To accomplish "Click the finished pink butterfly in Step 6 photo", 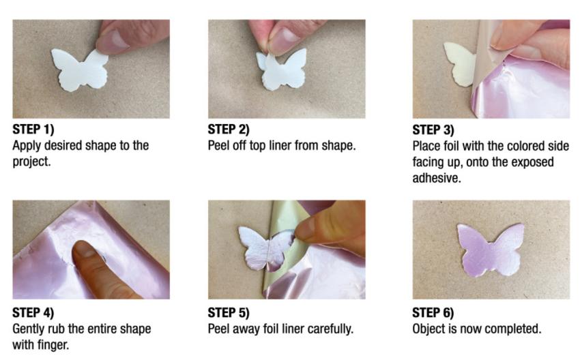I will click(x=490, y=250).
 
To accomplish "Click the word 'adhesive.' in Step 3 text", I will click(x=438, y=178).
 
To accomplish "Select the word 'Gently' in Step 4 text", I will click(x=30, y=329).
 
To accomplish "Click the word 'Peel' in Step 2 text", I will click(x=220, y=146).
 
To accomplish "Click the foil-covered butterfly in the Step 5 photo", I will click(x=264, y=246).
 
